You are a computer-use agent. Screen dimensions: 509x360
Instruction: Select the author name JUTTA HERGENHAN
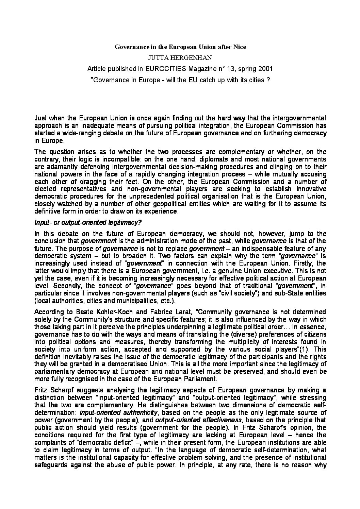point(180,58)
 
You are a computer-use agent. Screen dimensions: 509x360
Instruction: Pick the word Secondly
point(64,286)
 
